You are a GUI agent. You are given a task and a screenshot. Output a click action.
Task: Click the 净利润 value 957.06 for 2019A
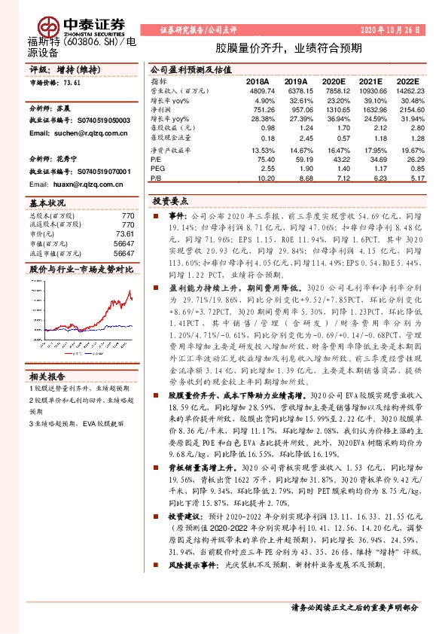tap(298, 109)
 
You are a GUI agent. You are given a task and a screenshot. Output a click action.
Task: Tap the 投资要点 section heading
tap(170, 202)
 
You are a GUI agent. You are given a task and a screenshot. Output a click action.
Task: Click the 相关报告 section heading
tap(47, 375)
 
